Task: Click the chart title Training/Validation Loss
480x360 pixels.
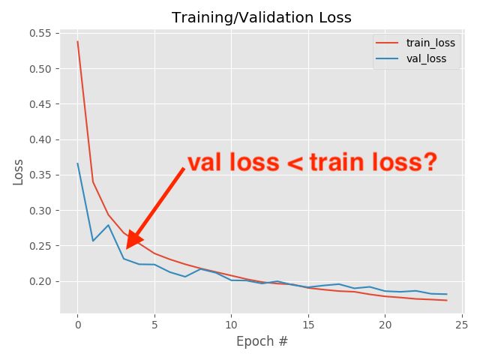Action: coord(261,17)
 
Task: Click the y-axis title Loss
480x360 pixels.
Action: coord(18,172)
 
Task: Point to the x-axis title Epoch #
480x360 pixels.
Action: coord(262,341)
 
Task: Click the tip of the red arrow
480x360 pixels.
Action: coord(127,248)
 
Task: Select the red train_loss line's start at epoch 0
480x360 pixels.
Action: coord(77,41)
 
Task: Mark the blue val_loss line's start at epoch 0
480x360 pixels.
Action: coord(77,163)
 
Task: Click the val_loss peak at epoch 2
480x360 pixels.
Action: coord(108,225)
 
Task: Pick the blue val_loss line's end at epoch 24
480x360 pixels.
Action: coord(447,294)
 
